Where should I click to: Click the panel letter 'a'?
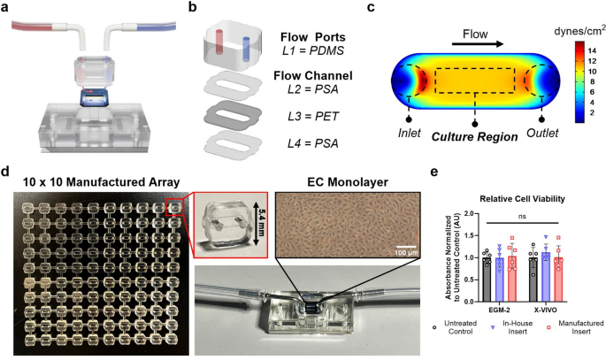click(x=8, y=8)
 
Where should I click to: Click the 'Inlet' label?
click(x=408, y=134)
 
